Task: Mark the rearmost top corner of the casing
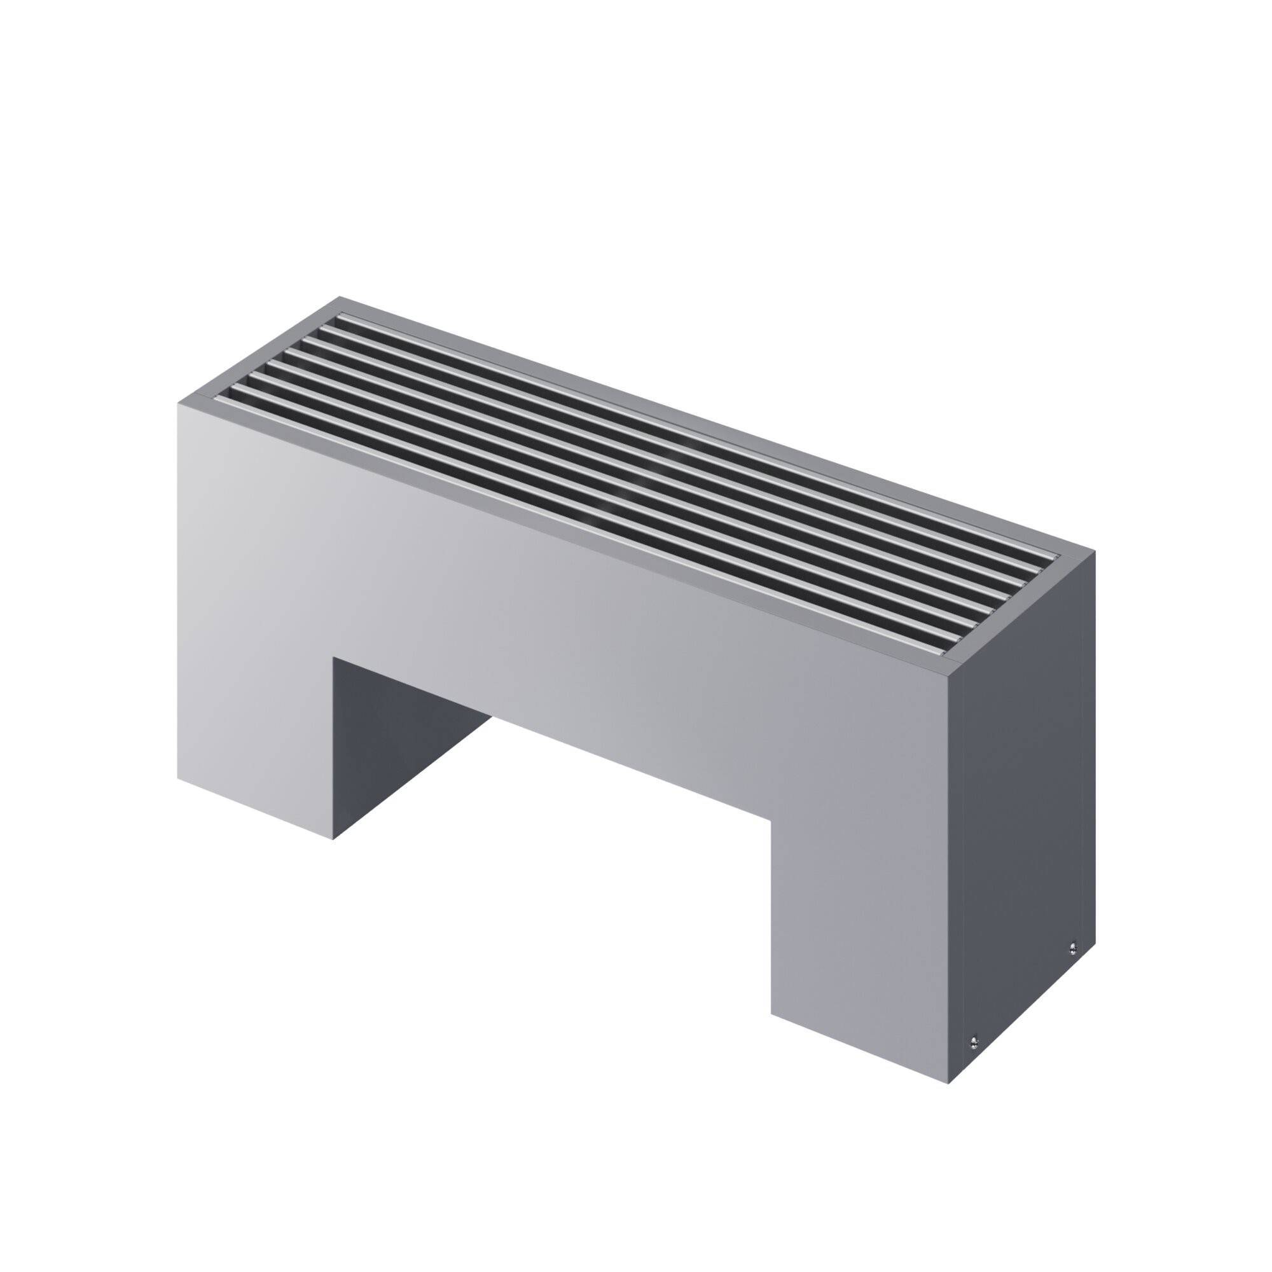[340, 297]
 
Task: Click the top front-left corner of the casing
[178, 404]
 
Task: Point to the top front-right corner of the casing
[949, 675]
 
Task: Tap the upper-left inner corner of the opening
[334, 656]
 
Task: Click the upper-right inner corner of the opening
[771, 819]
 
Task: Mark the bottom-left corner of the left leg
[178, 779]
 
